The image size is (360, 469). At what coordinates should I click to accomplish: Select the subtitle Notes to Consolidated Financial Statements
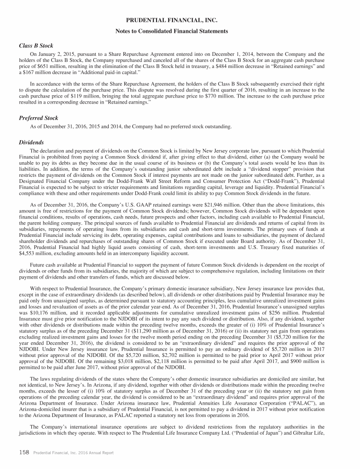pos(180,31)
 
